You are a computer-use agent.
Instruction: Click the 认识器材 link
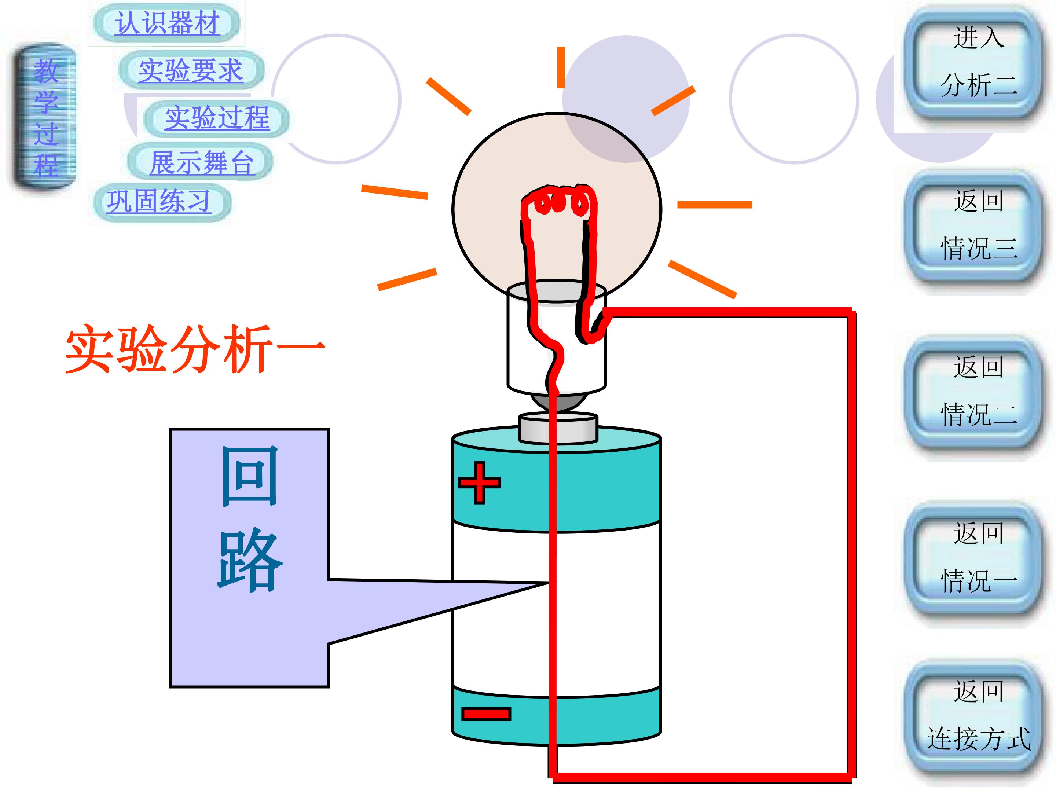(x=167, y=22)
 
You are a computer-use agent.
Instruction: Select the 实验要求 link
(x=191, y=70)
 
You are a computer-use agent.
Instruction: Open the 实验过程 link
(x=217, y=118)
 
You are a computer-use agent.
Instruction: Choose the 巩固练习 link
(x=159, y=201)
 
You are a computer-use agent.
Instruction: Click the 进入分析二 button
(x=974, y=62)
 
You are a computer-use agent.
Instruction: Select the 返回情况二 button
(x=974, y=392)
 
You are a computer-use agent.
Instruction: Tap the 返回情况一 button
(x=974, y=558)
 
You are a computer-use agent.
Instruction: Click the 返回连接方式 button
(x=974, y=716)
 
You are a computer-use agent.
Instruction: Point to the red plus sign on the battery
(x=479, y=482)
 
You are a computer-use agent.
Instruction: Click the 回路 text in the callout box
(x=249, y=518)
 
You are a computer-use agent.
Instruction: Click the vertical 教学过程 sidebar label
(x=46, y=117)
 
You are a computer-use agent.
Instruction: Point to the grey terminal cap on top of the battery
(x=558, y=428)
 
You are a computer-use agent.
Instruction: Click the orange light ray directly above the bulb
(x=561, y=67)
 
